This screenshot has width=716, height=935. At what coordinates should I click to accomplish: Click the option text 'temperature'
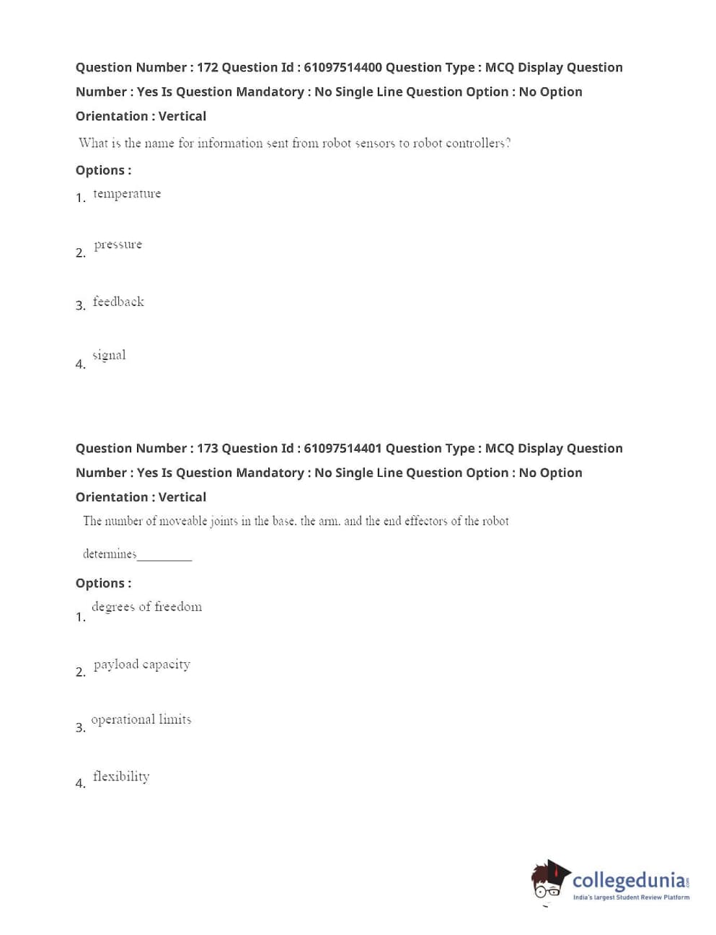[127, 193]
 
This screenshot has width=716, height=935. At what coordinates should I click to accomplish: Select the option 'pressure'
[118, 245]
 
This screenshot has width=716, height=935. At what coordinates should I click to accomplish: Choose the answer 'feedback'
[118, 302]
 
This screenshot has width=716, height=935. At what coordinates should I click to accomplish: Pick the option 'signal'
[109, 355]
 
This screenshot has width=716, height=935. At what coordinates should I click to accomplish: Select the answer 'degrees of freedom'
[146, 607]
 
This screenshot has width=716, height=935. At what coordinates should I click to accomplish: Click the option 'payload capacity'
[142, 664]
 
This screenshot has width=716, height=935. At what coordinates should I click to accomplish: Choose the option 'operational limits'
[141, 719]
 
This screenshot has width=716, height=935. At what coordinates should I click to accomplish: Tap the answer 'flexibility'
[121, 776]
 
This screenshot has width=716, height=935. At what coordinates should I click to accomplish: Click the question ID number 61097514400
[342, 67]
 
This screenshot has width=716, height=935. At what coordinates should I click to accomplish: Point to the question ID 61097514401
[342, 448]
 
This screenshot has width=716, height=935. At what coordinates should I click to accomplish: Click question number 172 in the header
[208, 67]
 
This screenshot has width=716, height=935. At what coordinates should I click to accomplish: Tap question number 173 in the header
[208, 448]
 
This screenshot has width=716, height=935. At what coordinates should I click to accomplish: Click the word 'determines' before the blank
[110, 554]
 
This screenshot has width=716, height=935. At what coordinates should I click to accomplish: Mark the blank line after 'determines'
[164, 558]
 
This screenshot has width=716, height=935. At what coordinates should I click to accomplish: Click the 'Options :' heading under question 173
[103, 583]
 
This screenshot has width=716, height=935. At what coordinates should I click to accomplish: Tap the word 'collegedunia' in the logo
[629, 880]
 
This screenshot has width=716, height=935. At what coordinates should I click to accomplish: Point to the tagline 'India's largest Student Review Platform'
[631, 897]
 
